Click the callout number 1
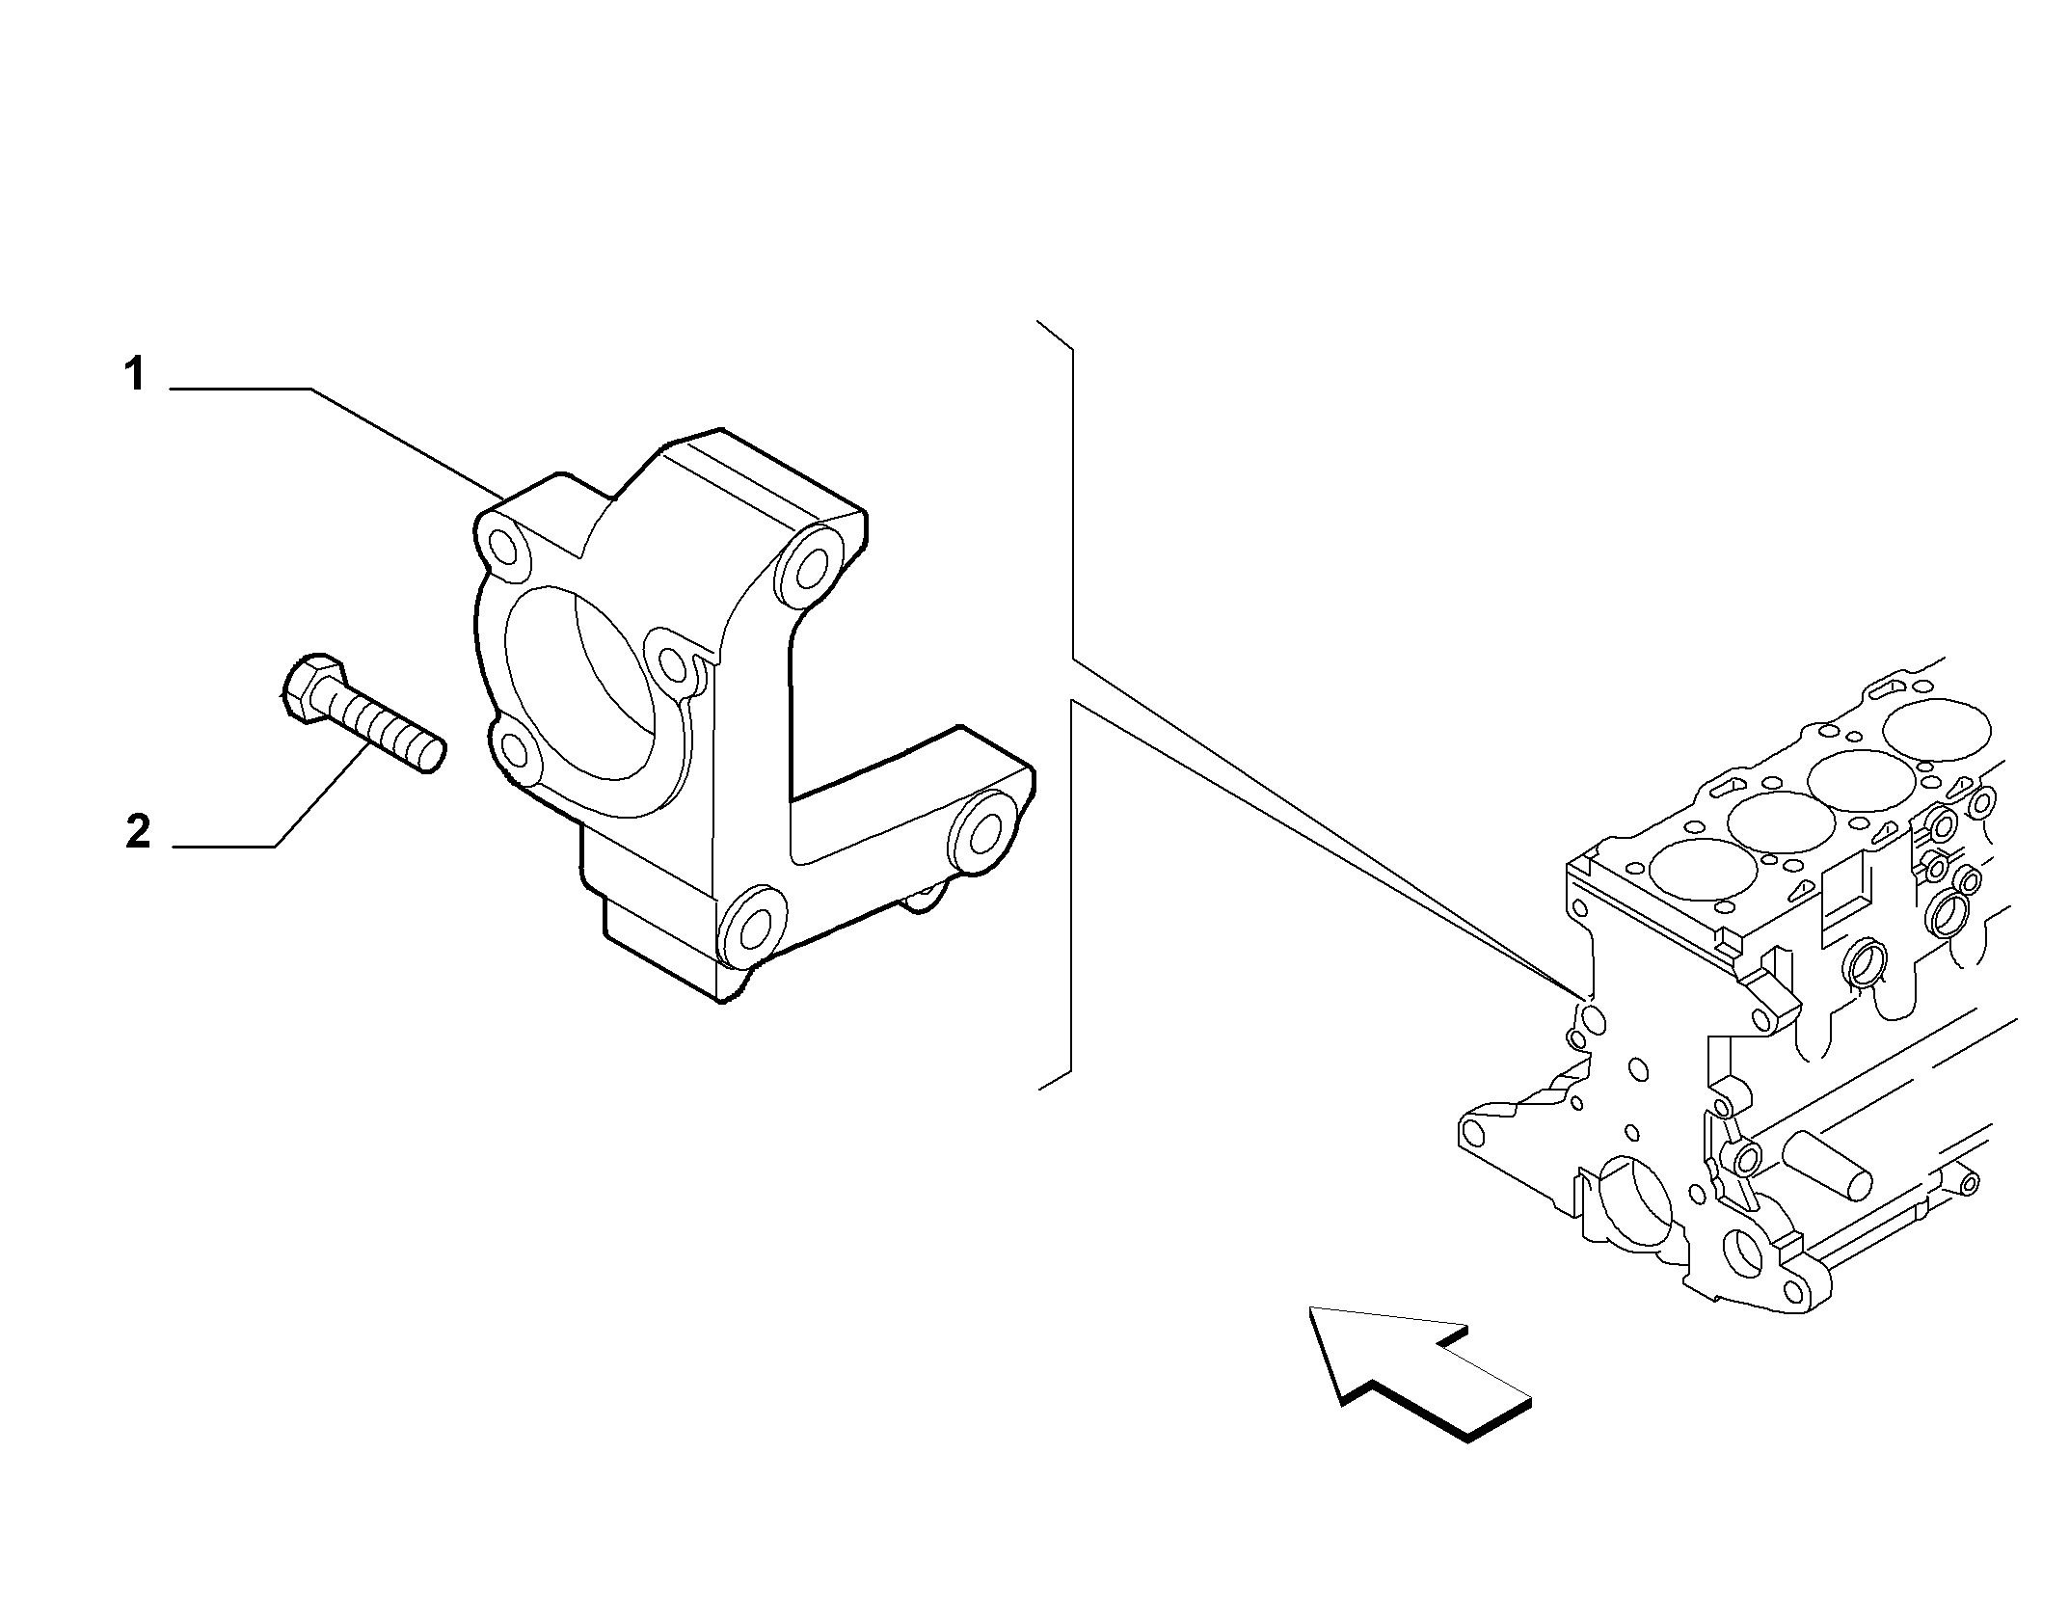tap(136, 374)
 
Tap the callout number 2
tap(138, 831)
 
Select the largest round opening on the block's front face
tap(1634, 1203)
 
